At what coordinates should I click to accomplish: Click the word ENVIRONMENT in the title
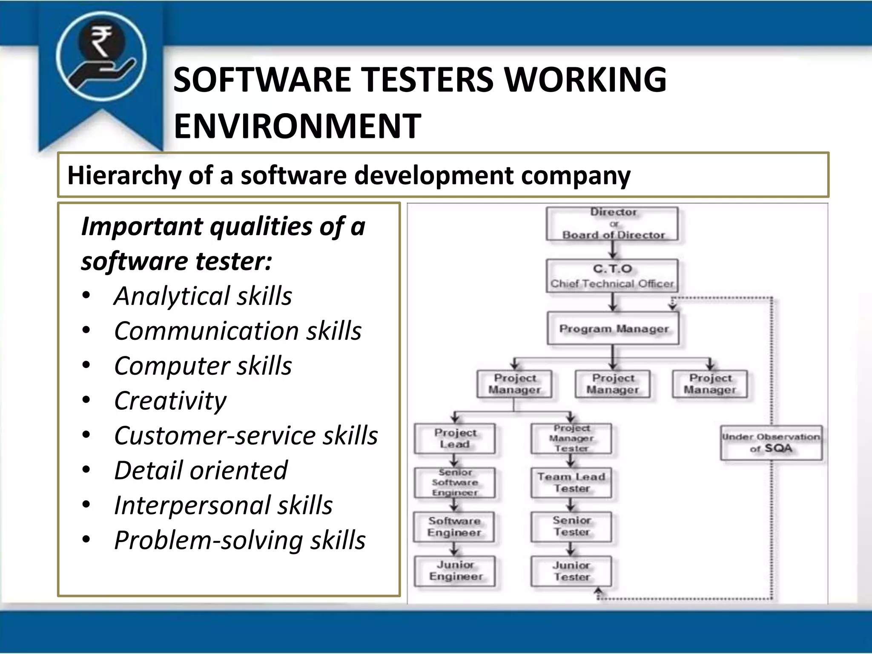tap(297, 126)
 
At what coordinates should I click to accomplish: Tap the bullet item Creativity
tap(170, 401)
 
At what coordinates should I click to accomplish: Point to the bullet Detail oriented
tap(201, 470)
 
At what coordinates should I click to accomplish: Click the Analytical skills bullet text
tap(203, 296)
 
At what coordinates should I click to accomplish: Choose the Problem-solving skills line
tap(240, 540)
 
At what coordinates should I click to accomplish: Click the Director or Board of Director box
tap(612, 224)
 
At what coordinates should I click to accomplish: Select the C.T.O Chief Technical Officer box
tap(612, 276)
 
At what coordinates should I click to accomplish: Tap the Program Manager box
tap(613, 329)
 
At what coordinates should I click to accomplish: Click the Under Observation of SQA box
tap(771, 443)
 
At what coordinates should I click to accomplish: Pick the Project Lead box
tap(455, 439)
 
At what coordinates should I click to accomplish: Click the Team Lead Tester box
tap(571, 483)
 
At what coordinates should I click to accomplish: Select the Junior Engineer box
tap(455, 571)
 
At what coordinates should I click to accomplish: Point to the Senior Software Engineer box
tap(455, 483)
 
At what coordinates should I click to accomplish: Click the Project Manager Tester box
tap(571, 439)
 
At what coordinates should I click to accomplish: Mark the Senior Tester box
tap(571, 527)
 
